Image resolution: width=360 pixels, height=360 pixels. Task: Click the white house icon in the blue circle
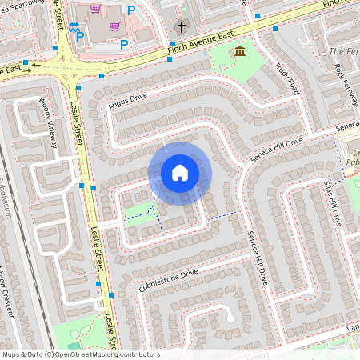click(x=180, y=173)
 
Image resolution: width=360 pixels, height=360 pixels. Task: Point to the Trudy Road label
click(x=286, y=76)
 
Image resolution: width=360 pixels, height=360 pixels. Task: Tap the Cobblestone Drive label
click(x=168, y=279)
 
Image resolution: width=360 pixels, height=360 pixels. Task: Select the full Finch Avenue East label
click(x=201, y=45)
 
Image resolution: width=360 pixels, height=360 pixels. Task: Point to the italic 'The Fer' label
click(x=344, y=51)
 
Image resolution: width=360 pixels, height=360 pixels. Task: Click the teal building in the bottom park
click(x=74, y=345)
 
